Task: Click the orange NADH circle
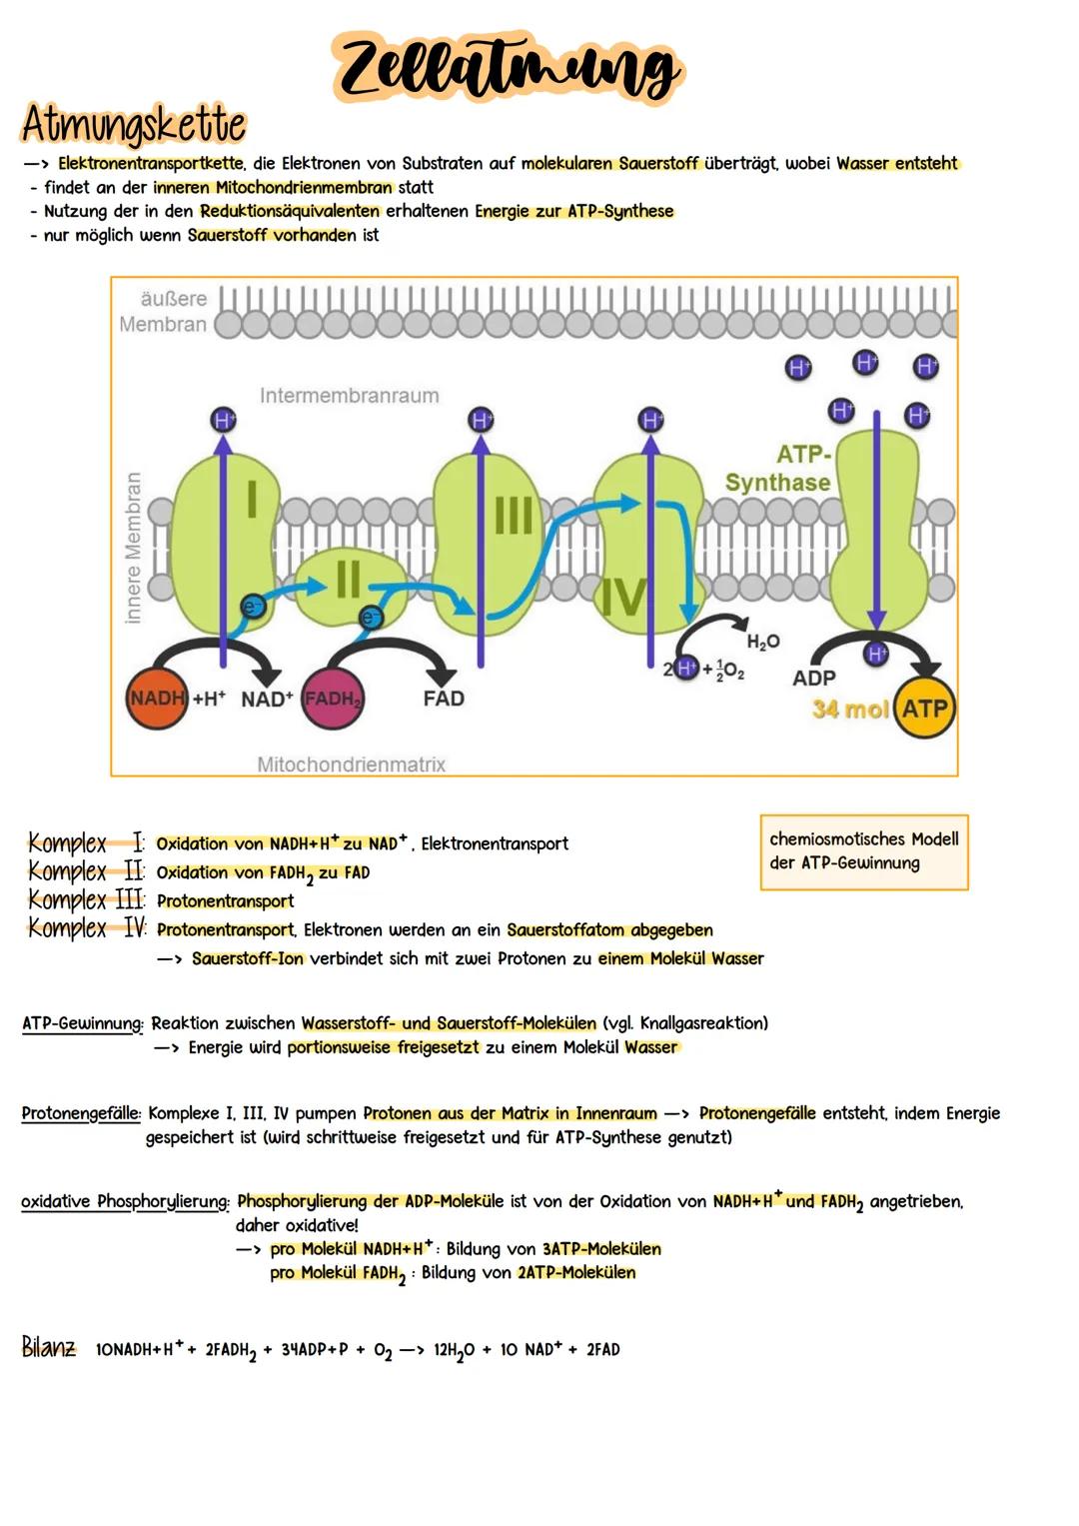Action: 157,699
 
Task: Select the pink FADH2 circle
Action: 333,700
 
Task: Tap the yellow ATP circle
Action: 924,709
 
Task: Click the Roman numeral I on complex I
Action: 252,500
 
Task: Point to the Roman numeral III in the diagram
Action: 514,517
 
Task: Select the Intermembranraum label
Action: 349,396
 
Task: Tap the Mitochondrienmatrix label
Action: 351,764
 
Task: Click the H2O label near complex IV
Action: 763,642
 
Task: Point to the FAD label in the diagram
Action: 443,699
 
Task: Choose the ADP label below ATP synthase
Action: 813,679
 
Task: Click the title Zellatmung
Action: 508,68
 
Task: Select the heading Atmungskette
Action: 133,126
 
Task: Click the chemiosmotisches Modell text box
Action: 863,851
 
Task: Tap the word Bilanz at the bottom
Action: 49,1347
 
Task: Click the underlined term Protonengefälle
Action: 81,1113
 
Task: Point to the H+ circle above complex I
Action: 223,420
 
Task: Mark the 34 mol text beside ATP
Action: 850,710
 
